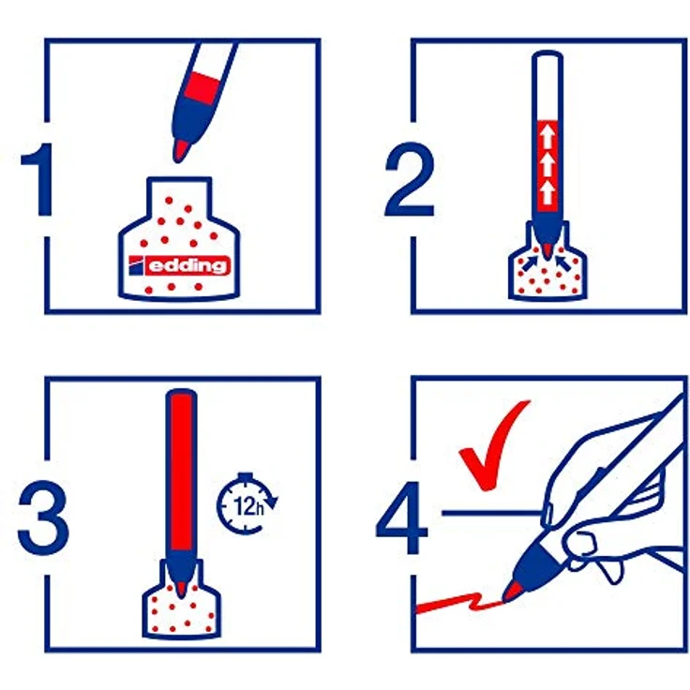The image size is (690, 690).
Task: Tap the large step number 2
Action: click(x=410, y=179)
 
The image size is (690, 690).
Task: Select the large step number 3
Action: click(x=43, y=517)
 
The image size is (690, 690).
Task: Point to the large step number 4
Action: click(x=402, y=517)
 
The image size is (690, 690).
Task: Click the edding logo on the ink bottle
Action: click(x=180, y=265)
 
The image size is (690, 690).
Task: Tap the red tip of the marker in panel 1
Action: click(x=181, y=150)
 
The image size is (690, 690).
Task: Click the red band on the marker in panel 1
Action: click(x=202, y=88)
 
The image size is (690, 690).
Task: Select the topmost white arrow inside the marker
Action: click(x=547, y=137)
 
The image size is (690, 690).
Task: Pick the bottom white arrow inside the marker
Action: click(x=547, y=193)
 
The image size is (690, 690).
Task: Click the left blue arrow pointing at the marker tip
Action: click(x=530, y=262)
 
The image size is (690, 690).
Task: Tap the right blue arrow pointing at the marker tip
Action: click(x=562, y=262)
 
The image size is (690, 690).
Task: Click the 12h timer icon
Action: click(x=247, y=503)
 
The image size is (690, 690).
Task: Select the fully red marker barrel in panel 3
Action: click(x=181, y=471)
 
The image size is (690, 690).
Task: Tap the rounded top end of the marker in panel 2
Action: click(x=547, y=55)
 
